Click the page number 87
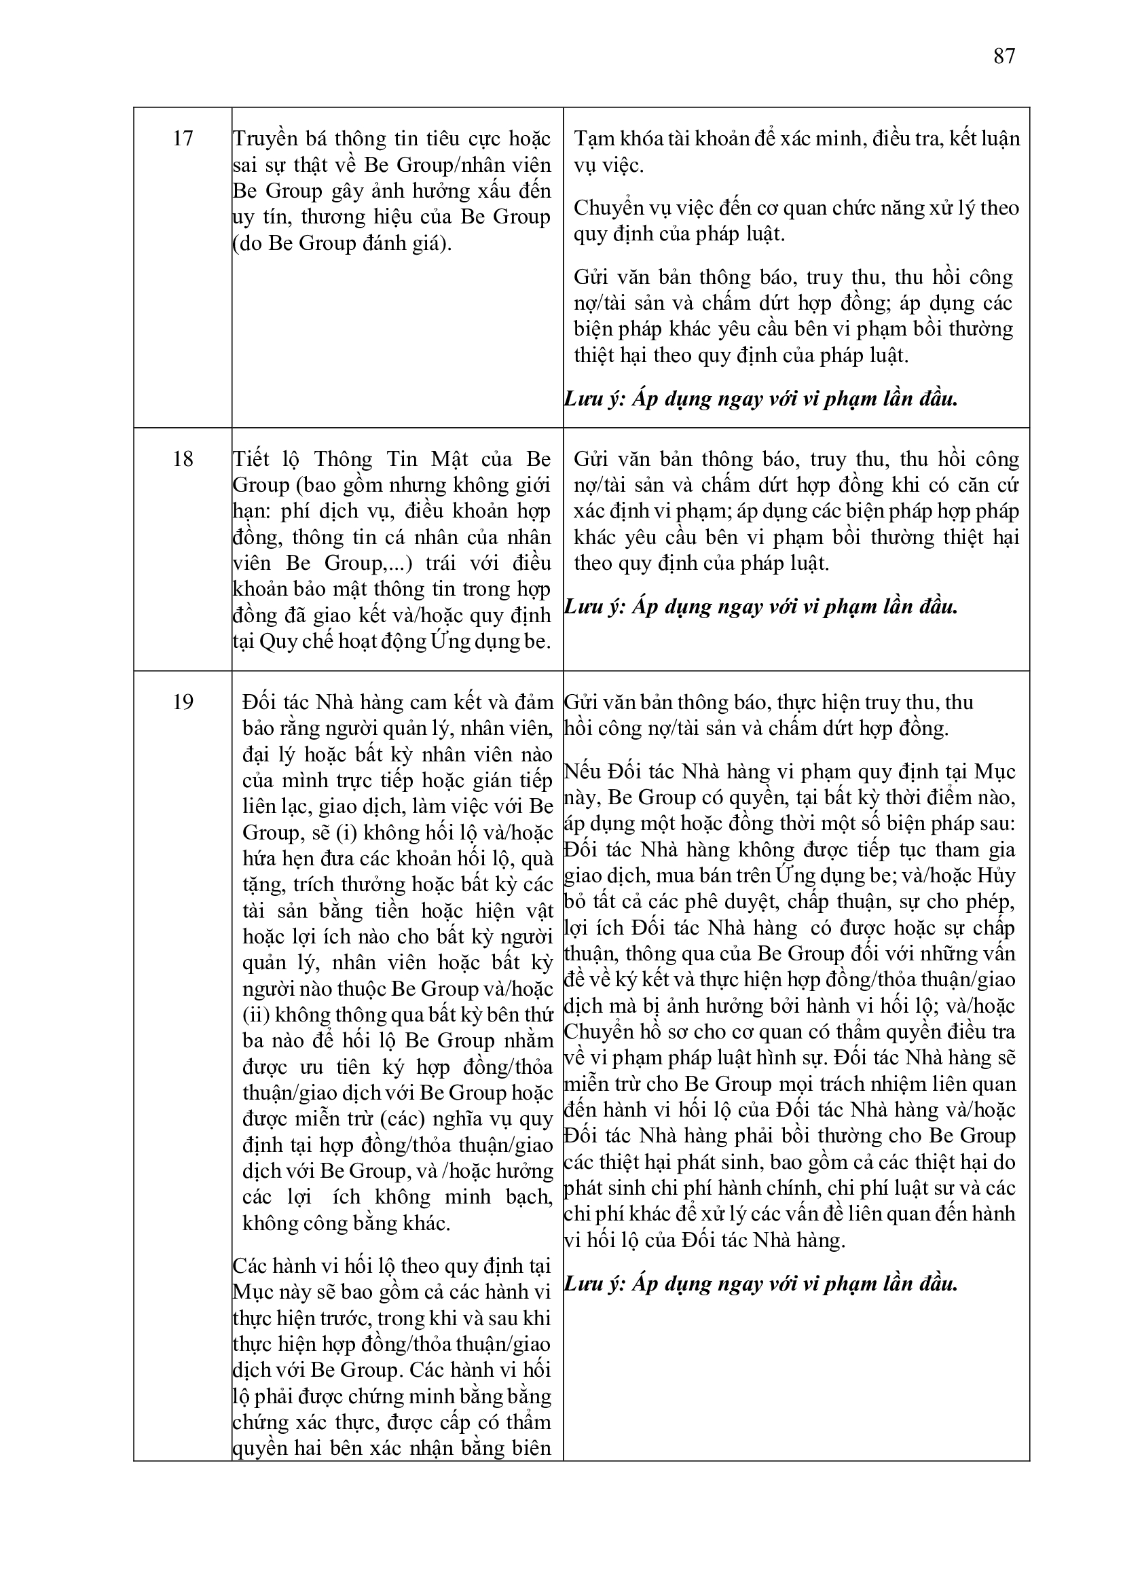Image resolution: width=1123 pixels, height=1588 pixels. [1004, 56]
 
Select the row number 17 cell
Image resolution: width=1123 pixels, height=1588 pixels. [183, 139]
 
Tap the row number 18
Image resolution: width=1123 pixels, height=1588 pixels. [183, 459]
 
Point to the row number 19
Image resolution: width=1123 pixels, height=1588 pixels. [183, 702]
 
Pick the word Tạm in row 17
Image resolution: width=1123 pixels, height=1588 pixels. [590, 139]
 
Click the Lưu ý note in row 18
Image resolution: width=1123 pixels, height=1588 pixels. [760, 607]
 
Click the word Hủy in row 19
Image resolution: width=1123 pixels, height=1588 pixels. [997, 876]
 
